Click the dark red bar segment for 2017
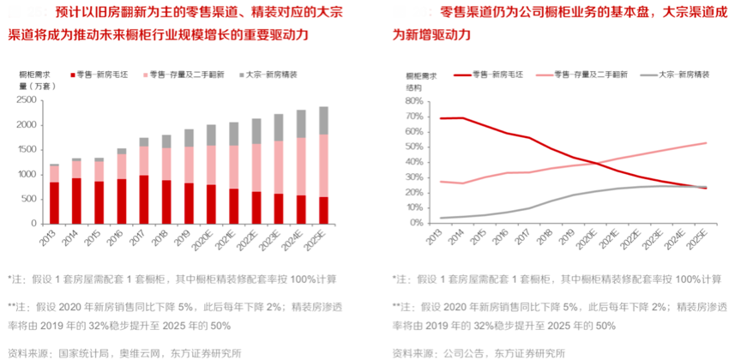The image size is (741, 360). click(143, 199)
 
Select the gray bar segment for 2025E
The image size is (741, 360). click(322, 120)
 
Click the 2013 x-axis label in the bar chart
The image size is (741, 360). click(52, 234)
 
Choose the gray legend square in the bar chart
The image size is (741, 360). click(241, 75)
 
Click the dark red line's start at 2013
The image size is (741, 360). click(442, 118)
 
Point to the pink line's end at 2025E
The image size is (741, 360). click(706, 143)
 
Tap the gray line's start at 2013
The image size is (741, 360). click(442, 218)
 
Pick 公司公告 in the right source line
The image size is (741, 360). click(463, 351)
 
